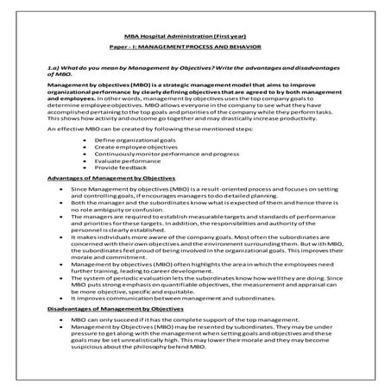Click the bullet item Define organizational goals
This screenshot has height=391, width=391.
[129, 140]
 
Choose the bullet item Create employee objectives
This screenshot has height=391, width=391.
[129, 147]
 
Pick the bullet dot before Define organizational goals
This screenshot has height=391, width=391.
[81, 140]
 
